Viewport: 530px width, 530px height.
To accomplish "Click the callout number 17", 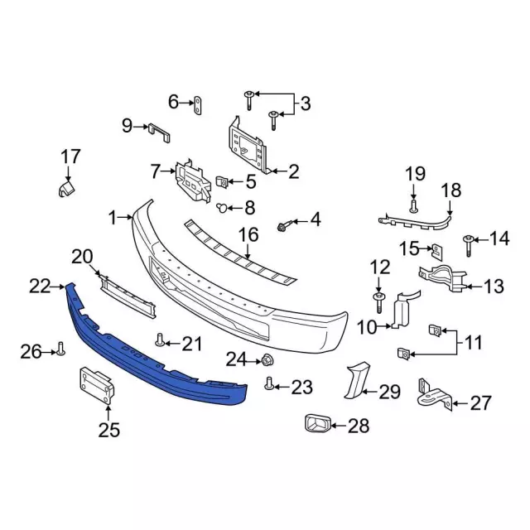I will pyautogui.click(x=70, y=156).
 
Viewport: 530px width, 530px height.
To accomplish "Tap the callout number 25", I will pyautogui.click(x=108, y=429).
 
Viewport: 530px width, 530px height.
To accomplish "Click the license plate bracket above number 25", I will pyautogui.click(x=96, y=386).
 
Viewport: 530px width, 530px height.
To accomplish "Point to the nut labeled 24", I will pyautogui.click(x=268, y=359).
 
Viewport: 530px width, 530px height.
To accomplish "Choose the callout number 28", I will pyautogui.click(x=358, y=426).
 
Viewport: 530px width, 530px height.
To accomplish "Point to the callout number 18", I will pyautogui.click(x=450, y=190).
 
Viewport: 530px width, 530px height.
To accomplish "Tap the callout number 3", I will pyautogui.click(x=305, y=104).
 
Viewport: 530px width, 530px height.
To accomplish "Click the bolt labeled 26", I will pyautogui.click(x=61, y=351).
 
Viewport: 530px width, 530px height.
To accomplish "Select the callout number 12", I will pyautogui.click(x=378, y=266).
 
